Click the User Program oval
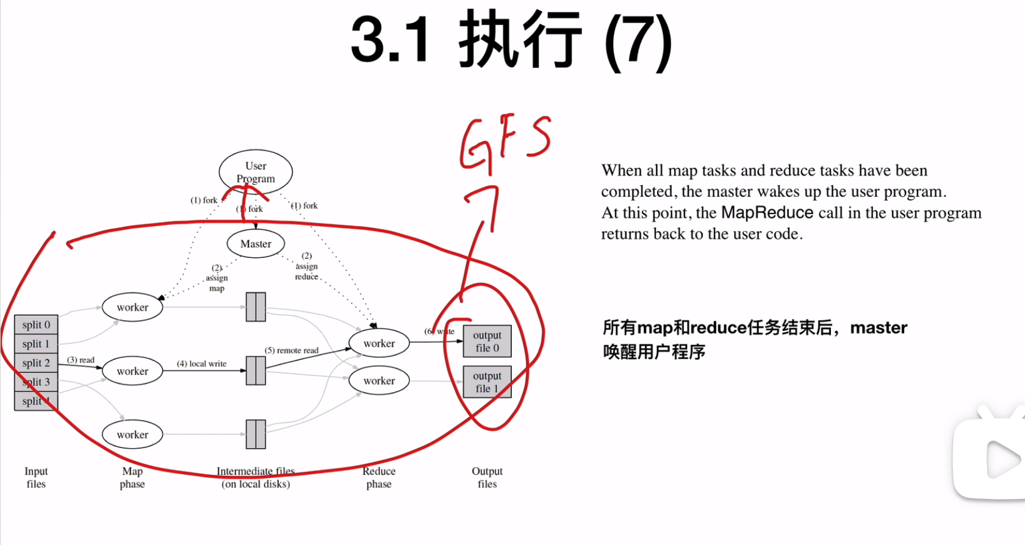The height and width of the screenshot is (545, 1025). coord(256,172)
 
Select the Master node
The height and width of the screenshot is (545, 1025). coord(256,244)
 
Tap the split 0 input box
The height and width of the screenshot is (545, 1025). coord(36,325)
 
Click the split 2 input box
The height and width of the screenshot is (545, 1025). coord(36,363)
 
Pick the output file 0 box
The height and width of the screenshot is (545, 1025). coord(487,341)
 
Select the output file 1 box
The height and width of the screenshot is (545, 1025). coord(487,382)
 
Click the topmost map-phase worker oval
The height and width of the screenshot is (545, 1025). coord(132,307)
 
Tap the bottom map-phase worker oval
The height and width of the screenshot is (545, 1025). coord(132,435)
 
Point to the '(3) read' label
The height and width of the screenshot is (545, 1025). coord(81,360)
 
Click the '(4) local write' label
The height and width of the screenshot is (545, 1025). coord(201,364)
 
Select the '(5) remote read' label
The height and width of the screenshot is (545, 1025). coord(292,351)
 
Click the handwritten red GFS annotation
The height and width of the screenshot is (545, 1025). coord(505,141)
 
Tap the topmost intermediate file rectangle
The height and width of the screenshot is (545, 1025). coord(256,307)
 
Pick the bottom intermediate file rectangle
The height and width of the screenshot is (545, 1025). coord(256,434)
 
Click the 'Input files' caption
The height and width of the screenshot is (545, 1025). coord(36,477)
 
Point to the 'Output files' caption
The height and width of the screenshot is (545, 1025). coord(487,477)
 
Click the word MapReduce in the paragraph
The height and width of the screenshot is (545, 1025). coord(767,213)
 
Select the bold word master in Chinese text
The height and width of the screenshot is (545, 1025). coord(879,328)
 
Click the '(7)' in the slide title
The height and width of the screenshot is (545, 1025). coord(638,41)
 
